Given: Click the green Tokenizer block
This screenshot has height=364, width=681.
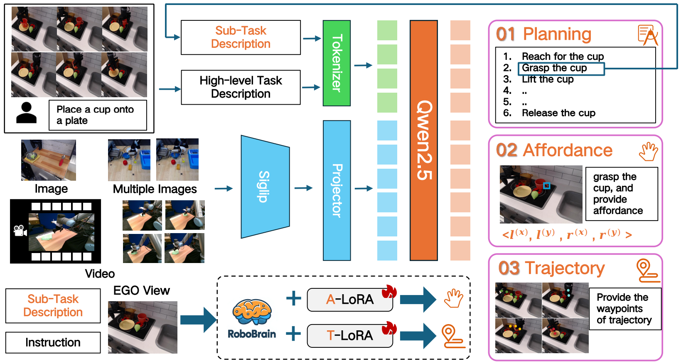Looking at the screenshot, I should coord(337,63).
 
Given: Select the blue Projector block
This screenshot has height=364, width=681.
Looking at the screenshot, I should coord(337,190).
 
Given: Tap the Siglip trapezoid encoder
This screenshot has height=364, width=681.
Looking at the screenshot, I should coord(265,187).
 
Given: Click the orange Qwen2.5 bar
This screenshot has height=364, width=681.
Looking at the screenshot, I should coord(423,140).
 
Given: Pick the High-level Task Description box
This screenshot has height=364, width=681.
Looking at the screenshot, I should coord(241,87).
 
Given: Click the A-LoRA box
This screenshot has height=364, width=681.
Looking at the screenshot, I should coord(349,300).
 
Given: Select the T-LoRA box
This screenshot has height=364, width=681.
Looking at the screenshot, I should coord(349,335).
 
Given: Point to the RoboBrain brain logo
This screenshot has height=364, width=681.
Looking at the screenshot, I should coord(252,312).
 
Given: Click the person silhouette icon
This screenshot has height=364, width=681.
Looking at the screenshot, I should coord(26,113).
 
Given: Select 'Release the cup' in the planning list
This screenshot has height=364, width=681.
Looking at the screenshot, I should coord(558,113).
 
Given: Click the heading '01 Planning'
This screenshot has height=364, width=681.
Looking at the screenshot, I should coord(543,34).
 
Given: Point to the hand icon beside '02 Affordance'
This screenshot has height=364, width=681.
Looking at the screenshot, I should coord(648,152).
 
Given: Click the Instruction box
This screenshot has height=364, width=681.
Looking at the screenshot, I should coord(53,342).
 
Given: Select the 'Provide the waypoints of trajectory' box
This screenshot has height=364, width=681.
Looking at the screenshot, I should coord(624,309).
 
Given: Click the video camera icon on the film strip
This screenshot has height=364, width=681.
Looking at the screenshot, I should coord(20,231).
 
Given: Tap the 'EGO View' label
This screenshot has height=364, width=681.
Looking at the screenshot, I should coord(141,290).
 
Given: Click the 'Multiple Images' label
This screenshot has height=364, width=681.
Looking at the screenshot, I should coord(155,189).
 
